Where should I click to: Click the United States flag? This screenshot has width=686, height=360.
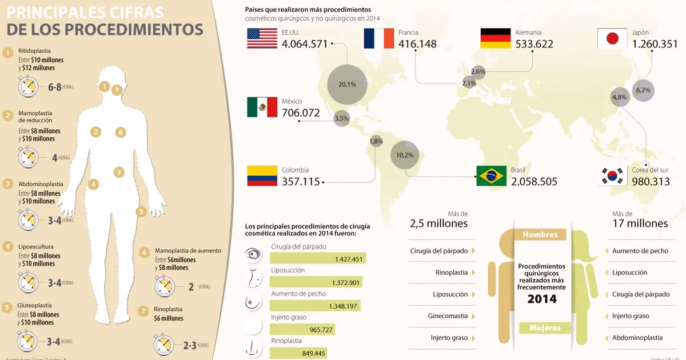pos(262,38)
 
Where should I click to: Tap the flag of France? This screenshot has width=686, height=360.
pos(378,38)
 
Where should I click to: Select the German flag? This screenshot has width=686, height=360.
pos(496,38)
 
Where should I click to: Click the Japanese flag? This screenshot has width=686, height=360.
pos(612,38)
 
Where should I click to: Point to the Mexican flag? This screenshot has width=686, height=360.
pos(262,107)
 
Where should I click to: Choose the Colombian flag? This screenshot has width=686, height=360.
pos(262,175)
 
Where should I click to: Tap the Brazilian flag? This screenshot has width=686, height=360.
pos(492,175)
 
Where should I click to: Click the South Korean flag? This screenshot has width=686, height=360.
pos(612,175)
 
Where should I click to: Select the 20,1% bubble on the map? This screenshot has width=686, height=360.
pos(346,84)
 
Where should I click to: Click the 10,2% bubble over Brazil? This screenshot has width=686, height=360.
pos(404,154)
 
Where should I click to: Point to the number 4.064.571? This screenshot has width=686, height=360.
pos(305,44)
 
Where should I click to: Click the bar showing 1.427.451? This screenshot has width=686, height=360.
pos(318,259)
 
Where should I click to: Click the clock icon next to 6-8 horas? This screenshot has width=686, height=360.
pos(28,86)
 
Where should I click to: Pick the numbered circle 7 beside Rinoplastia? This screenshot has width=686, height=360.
pos(143,311)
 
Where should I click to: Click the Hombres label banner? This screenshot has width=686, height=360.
pos(540,235)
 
